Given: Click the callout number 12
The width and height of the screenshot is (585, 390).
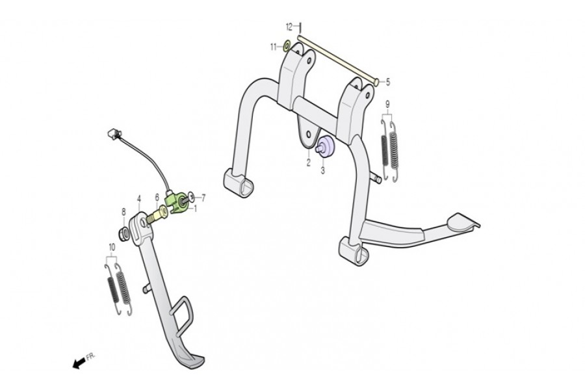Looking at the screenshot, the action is click(289, 27).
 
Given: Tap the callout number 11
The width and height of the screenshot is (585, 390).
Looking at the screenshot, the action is click(274, 47).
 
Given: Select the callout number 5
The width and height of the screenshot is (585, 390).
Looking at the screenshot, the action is click(388, 82).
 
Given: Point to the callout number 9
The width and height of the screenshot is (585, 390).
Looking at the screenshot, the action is click(387, 104).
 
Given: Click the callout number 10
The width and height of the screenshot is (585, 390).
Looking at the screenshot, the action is click(112, 247).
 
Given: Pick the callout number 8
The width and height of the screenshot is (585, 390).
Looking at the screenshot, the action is click(123, 212).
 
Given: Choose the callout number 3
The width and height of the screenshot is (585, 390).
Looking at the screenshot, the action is click(322, 170).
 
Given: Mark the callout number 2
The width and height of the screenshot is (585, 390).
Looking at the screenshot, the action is click(309, 162).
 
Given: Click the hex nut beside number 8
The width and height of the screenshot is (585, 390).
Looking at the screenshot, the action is click(124, 233).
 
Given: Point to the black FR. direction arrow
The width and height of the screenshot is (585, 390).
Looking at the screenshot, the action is click(79, 363).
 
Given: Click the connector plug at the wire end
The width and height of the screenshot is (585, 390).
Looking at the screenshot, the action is click(113, 133).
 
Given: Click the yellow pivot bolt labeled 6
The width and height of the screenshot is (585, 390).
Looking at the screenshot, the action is click(158, 214).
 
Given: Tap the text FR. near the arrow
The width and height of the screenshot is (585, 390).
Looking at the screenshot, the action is click(90, 356).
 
